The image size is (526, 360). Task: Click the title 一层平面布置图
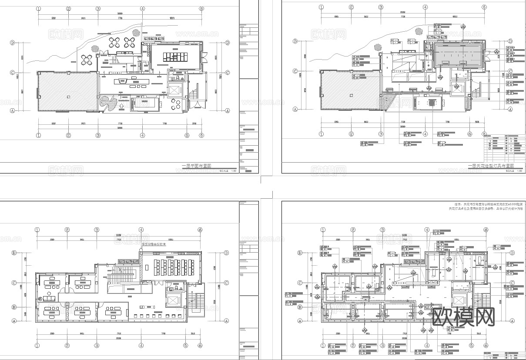coord(196,166)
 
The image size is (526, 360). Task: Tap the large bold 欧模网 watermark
coord(464,317)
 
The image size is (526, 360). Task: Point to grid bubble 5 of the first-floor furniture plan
coord(187,135)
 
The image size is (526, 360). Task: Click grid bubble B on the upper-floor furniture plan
coord(14,307)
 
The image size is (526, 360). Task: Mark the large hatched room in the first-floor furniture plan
coord(67,92)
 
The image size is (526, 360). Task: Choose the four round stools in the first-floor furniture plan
coord(176,104)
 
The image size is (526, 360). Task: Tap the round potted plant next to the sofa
coord(40,299)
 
